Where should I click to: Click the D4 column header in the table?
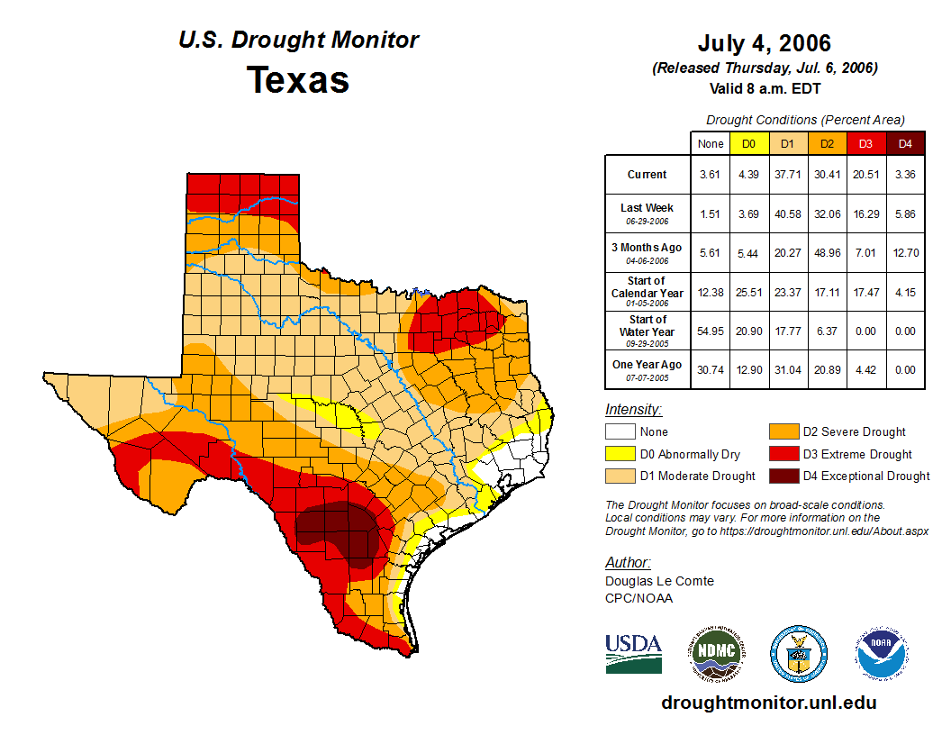pyautogui.click(x=905, y=143)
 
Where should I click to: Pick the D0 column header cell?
pyautogui.click(x=748, y=143)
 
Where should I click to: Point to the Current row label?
pyautogui.click(x=648, y=175)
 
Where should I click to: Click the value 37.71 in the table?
pyautogui.click(x=787, y=175)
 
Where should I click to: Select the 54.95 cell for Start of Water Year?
pyautogui.click(x=710, y=331)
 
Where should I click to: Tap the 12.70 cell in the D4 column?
pyautogui.click(x=905, y=253)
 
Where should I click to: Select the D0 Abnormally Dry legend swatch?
pyautogui.click(x=620, y=454)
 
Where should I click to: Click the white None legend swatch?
pyautogui.click(x=620, y=432)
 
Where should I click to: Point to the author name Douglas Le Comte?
pyautogui.click(x=659, y=581)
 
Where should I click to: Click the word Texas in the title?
pyautogui.click(x=298, y=80)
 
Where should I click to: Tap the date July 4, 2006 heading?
pyautogui.click(x=764, y=43)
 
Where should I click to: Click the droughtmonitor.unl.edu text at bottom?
pyautogui.click(x=768, y=703)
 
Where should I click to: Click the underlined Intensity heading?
pyautogui.click(x=633, y=410)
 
